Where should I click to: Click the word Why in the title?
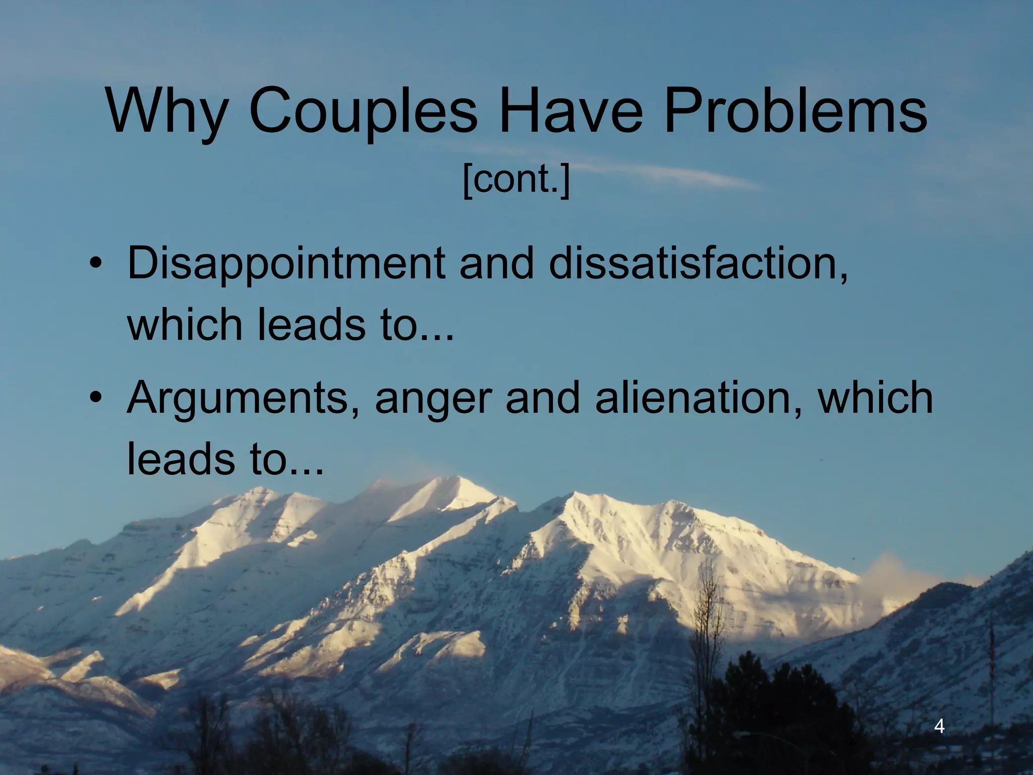pyautogui.click(x=166, y=112)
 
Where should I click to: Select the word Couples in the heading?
pyautogui.click(x=363, y=112)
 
